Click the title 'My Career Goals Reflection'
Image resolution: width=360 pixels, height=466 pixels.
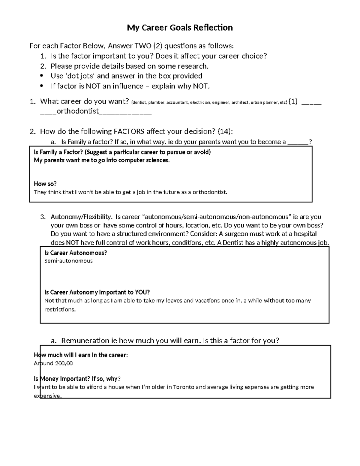coord(180,28)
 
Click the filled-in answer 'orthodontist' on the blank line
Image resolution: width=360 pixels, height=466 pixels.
coord(78,111)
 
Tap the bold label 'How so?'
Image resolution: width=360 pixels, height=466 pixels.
coord(45,184)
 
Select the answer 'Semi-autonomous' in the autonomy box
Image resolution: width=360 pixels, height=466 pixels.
coord(68,261)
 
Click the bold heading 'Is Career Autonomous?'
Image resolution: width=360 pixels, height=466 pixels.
coord(76,253)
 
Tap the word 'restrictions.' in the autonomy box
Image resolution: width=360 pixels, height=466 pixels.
coord(60,309)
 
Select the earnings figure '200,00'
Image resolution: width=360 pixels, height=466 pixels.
coord(63,363)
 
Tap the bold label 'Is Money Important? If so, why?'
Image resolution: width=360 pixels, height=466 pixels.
coord(77,379)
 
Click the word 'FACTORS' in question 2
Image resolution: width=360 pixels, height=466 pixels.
coord(129,131)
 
